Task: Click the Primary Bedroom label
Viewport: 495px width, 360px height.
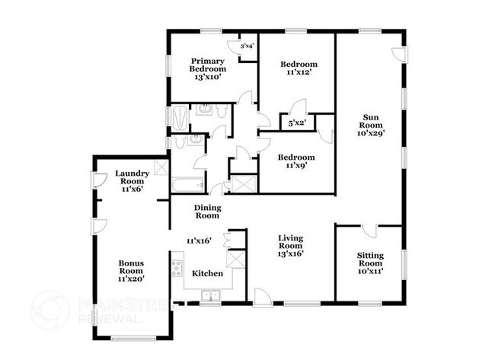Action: (208, 69)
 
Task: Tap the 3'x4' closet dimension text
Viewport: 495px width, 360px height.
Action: (247, 46)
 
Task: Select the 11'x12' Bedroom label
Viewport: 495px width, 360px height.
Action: (298, 68)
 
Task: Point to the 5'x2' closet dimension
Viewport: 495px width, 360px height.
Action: (297, 123)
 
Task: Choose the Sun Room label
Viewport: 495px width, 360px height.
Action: (371, 125)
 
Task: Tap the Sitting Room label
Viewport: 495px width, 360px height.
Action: (370, 263)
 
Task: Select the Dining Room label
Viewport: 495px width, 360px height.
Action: (206, 212)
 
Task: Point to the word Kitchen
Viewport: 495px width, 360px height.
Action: (206, 273)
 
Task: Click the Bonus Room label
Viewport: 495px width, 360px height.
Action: (131, 271)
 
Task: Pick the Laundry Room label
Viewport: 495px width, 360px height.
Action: (131, 182)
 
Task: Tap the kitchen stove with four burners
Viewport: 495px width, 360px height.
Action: (177, 269)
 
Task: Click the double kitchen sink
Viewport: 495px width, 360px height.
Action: (210, 295)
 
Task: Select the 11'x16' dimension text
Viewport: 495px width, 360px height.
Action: (199, 241)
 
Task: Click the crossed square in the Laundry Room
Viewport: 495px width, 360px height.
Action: (161, 168)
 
